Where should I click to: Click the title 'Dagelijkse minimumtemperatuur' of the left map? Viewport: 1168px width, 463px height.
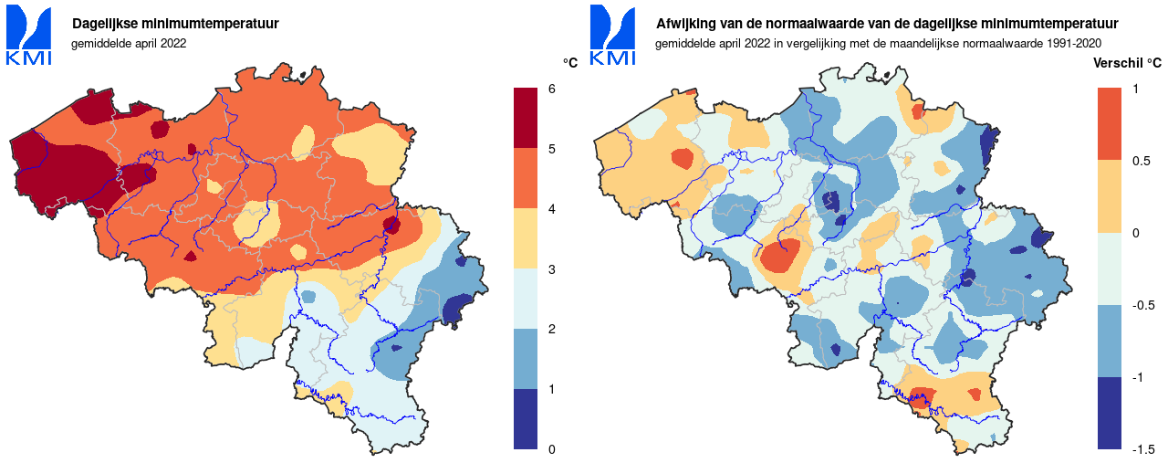175,24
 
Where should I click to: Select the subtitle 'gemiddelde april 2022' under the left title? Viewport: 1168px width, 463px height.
129,43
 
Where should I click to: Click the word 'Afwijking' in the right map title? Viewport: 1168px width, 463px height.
684,24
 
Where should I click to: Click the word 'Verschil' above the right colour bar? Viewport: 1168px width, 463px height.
1114,63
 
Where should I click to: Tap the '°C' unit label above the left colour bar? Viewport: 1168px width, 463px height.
570,63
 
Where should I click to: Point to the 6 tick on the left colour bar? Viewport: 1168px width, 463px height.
551,89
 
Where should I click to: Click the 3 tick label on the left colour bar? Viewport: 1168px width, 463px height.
551,269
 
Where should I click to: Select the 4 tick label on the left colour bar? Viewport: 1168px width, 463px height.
551,209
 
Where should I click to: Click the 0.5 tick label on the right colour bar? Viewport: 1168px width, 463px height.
1141,161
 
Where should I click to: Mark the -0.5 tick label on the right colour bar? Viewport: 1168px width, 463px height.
1143,305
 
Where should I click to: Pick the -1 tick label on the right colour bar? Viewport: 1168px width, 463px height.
1138,377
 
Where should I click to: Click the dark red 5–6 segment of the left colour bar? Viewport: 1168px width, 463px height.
526,118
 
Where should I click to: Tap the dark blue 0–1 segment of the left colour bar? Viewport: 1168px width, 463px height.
526,419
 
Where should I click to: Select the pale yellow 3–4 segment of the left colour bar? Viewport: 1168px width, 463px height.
526,238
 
